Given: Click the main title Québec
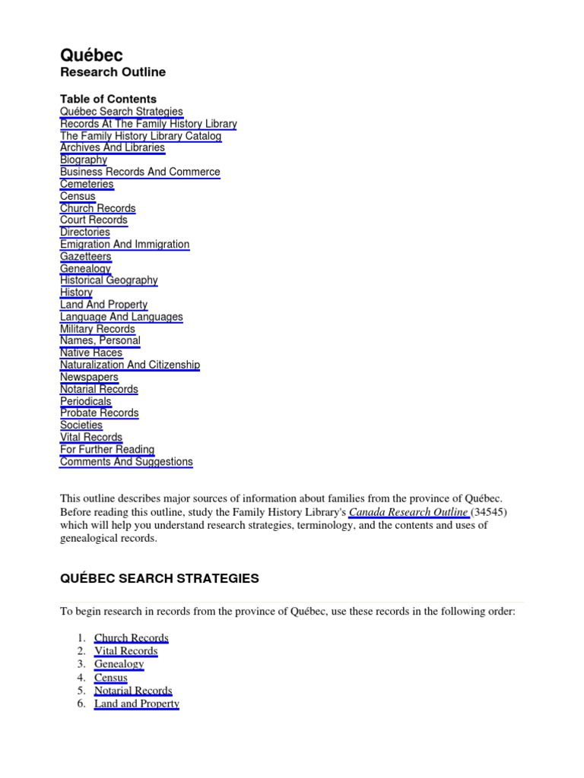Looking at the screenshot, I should pos(91,55).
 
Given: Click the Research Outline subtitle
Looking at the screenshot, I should pos(113,72).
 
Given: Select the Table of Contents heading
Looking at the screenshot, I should pos(108,99).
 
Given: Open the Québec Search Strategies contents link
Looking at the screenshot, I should pos(122,112).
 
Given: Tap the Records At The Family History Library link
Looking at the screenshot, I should pos(148,124).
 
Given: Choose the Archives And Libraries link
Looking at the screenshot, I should pos(113,147).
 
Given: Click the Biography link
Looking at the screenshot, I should pos(84,160).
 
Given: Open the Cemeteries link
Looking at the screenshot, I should pos(87,184).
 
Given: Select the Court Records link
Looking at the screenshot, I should pos(94,220).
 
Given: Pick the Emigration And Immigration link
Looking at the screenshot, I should pos(125,245).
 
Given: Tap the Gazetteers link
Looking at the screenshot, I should pos(86,257).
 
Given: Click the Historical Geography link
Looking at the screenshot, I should pos(109,280).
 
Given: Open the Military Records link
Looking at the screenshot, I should pos(97,329).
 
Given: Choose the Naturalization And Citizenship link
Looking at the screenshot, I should pos(130,365).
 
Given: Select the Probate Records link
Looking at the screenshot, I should pos(100,413).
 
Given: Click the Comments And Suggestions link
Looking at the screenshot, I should pos(126,462).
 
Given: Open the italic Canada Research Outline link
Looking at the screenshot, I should pos(408,512).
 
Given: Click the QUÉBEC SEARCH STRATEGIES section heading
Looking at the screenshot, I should pos(160,579).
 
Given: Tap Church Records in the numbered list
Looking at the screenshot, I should pos(132,638).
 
